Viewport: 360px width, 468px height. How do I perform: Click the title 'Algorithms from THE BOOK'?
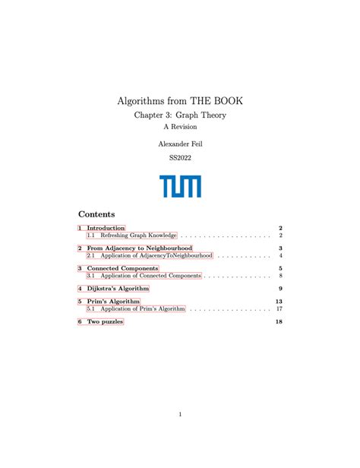click(180, 100)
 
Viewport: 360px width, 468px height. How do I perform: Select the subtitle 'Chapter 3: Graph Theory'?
click(180, 115)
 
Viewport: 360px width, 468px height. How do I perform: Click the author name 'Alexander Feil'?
click(180, 144)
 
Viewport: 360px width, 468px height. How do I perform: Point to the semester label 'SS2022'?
click(180, 158)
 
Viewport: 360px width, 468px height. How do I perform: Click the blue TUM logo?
click(180, 186)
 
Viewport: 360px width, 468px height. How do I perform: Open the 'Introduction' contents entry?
click(106, 228)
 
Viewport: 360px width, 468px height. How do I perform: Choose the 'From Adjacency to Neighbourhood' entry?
click(139, 248)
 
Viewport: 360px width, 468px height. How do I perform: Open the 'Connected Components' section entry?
click(122, 268)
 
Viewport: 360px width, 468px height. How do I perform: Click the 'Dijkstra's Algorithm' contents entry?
click(118, 289)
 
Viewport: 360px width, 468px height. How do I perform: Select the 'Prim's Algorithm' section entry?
click(113, 302)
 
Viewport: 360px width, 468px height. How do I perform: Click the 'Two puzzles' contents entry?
click(105, 322)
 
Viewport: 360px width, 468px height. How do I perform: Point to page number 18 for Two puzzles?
click(279, 322)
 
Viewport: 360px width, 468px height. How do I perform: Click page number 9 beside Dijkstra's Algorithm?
click(280, 289)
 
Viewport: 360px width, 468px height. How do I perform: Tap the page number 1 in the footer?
click(180, 414)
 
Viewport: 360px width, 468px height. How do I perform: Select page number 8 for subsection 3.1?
click(280, 276)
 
